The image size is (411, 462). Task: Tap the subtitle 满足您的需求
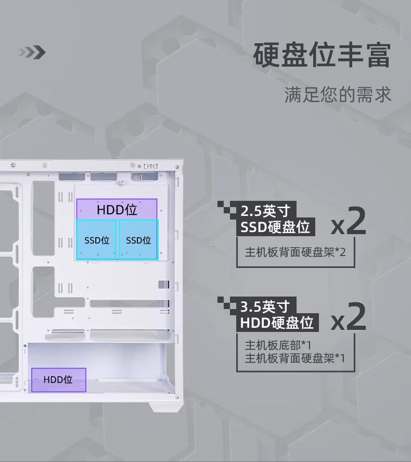(x=338, y=95)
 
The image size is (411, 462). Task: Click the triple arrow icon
(x=32, y=52)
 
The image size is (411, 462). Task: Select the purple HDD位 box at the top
(x=117, y=209)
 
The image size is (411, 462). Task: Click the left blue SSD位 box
(x=96, y=240)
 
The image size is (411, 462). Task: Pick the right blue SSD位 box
(x=138, y=240)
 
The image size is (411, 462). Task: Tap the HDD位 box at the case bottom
(x=58, y=379)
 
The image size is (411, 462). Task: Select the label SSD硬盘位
(x=275, y=227)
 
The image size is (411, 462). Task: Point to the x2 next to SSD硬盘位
(x=349, y=223)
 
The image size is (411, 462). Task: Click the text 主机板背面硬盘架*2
(x=295, y=252)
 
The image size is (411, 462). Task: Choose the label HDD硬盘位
(x=276, y=323)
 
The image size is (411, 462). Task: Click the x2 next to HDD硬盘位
(x=349, y=318)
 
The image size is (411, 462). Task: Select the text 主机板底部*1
(x=278, y=345)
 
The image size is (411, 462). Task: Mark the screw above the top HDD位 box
(x=121, y=183)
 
